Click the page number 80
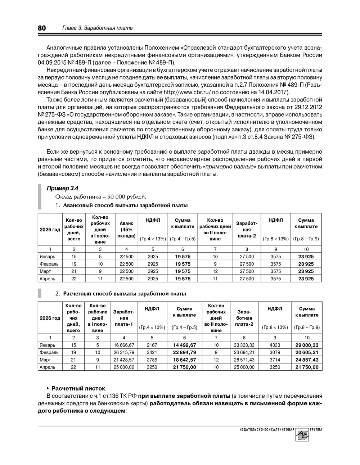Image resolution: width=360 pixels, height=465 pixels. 42,28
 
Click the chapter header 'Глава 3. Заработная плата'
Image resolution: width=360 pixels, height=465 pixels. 98,28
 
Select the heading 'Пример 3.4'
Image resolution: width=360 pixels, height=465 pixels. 63,188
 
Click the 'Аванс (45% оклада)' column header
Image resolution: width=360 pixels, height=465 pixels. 126,230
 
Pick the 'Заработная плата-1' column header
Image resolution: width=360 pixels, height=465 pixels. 124,318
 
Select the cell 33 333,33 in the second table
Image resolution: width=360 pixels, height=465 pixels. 244,345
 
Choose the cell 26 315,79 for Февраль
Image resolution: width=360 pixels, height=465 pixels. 124,352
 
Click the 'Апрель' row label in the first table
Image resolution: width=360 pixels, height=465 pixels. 48,279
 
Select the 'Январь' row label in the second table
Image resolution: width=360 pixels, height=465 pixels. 48,345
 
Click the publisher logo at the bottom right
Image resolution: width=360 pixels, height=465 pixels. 302,435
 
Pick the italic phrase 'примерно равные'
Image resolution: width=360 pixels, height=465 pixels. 229,167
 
